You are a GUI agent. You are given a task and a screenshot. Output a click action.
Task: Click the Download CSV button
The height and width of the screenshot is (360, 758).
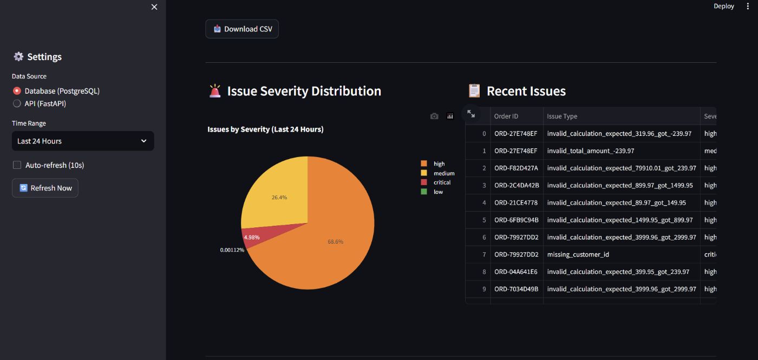pos(242,29)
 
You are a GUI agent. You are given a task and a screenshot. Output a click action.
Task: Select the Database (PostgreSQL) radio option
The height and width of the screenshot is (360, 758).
pos(17,91)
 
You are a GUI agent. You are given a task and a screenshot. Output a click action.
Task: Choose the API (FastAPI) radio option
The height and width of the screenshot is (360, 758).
pos(17,103)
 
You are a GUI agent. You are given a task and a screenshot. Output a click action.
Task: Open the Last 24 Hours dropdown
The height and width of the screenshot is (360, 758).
pos(83,141)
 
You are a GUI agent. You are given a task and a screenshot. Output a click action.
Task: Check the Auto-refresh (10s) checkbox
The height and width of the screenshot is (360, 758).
pos(17,165)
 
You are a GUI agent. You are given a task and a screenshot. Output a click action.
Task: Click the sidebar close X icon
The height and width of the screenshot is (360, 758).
pos(154,6)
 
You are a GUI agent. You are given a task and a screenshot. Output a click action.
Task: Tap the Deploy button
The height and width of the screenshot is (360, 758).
pos(723,6)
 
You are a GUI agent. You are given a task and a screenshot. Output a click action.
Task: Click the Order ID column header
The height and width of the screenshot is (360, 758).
pos(506,116)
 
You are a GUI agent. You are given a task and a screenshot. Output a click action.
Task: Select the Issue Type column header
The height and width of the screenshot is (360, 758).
pos(562,116)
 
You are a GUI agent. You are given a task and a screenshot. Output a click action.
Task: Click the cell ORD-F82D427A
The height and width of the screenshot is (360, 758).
pos(516,168)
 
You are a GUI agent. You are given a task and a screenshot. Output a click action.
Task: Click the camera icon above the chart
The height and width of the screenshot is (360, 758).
pos(434,116)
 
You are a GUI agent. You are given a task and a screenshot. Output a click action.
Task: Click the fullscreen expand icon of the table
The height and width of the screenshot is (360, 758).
pos(471,114)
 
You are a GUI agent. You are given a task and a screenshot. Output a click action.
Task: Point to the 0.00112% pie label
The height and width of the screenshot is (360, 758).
pos(232,250)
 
